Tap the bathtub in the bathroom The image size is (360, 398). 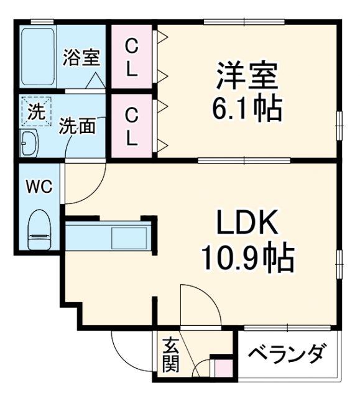click(39, 57)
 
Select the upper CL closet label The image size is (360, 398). click(131, 57)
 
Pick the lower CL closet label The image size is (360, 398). click(131, 126)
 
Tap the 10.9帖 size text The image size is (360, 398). click(247, 257)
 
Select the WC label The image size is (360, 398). click(39, 186)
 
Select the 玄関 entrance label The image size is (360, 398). click(170, 354)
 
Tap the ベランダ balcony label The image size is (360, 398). click(287, 354)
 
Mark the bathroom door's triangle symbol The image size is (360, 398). click(95, 81)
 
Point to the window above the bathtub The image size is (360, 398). click(41, 22)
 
